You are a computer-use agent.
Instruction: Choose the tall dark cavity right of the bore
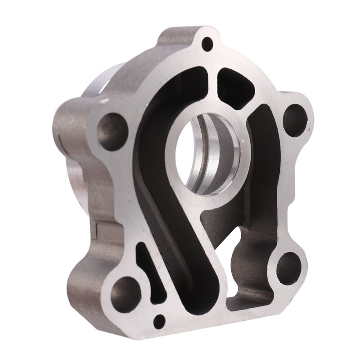(x=265, y=171)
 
